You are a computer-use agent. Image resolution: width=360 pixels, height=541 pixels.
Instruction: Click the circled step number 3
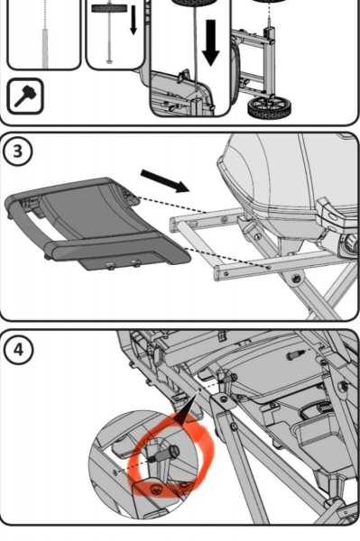(18, 151)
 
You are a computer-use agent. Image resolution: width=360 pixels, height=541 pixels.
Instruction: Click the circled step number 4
(18, 350)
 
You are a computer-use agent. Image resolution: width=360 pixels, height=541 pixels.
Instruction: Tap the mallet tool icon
(25, 96)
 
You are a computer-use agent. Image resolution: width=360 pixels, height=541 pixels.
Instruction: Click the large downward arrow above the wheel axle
(210, 42)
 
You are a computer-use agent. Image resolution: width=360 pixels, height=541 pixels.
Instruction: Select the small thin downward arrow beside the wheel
(134, 20)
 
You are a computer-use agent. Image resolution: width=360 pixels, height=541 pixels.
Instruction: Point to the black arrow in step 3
(165, 181)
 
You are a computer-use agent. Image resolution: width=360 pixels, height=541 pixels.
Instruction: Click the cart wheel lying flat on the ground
(269, 107)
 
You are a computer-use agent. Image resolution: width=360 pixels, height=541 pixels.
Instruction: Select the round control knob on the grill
(352, 243)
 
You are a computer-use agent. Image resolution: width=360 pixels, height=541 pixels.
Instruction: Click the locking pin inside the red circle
(163, 453)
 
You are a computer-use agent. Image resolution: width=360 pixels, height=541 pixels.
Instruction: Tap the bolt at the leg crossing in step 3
(296, 277)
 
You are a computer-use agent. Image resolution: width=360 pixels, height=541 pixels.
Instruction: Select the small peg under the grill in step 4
(296, 354)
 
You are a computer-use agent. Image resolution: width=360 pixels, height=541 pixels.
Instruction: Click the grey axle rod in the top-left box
(45, 49)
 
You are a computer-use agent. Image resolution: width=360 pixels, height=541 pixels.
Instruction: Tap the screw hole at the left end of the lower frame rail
(226, 273)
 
